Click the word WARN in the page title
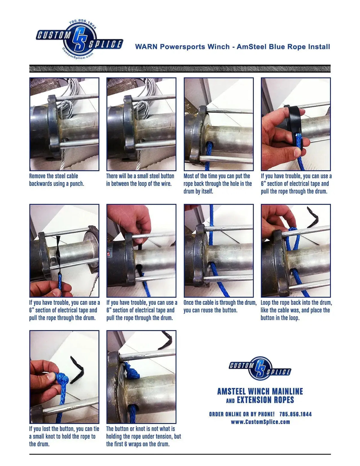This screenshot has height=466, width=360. tap(146, 47)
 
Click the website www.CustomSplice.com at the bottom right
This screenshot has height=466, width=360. tap(260, 422)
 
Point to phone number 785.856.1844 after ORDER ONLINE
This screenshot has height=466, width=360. tap(295, 414)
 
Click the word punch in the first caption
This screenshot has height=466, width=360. tap(77, 184)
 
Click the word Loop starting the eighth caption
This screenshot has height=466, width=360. tap(266, 302)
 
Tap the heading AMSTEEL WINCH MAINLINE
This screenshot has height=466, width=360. tap(260, 391)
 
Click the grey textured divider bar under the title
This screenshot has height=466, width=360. tap(180, 69)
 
